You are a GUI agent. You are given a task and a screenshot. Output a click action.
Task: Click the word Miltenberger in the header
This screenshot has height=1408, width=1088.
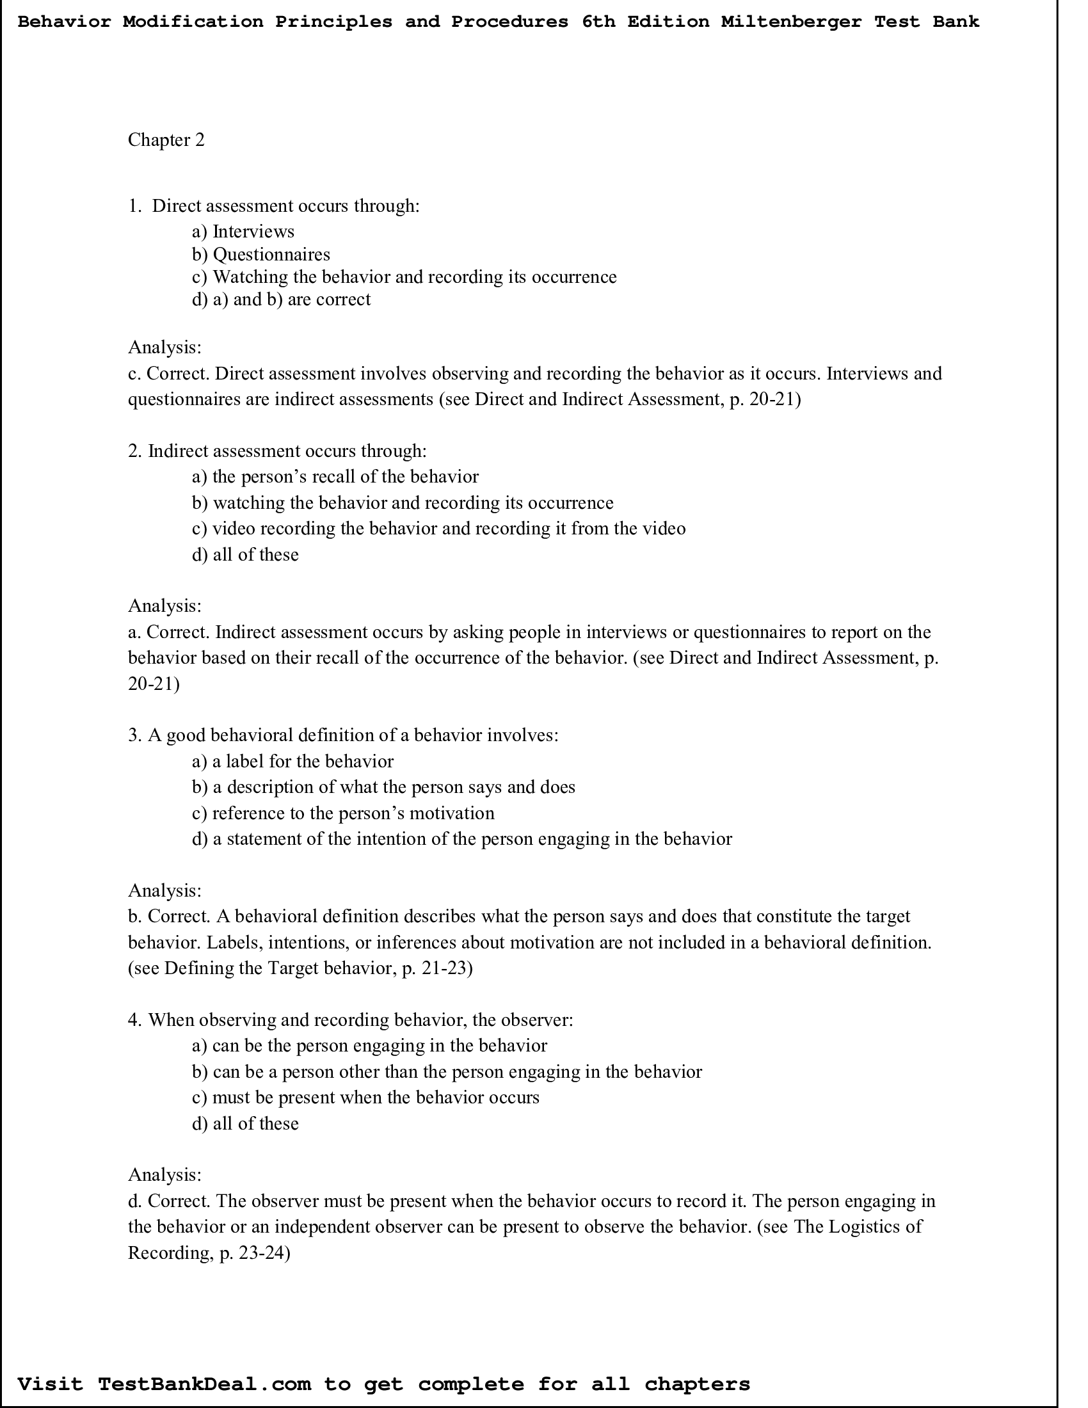point(791,22)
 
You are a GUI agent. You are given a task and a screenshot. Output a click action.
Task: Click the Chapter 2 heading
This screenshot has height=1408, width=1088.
point(166,140)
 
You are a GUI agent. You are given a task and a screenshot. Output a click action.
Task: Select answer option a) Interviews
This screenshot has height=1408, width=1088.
point(243,232)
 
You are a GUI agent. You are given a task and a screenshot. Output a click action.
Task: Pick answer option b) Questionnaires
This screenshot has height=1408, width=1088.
point(261,255)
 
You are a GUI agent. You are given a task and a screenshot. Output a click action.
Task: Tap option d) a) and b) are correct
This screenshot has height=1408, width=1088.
point(281,300)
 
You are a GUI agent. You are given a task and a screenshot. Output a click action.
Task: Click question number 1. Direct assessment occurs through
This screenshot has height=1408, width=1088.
point(274,206)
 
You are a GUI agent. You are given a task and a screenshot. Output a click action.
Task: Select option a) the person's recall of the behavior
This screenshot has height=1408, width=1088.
point(335,477)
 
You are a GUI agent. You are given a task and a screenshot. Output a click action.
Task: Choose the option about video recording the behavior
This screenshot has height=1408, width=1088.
point(438,529)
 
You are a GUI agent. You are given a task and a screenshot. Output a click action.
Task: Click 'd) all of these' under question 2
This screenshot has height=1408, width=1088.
point(245,555)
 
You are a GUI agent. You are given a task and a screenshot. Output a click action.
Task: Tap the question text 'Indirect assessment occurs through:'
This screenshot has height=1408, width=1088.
point(287,451)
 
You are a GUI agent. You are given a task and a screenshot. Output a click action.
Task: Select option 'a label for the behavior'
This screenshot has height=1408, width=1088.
point(292,762)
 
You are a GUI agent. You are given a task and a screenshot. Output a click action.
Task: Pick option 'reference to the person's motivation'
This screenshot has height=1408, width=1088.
point(343,813)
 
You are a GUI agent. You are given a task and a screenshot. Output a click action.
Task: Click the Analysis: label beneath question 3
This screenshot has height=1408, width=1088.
point(165,891)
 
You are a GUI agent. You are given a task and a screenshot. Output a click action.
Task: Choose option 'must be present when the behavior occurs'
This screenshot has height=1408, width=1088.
point(365,1098)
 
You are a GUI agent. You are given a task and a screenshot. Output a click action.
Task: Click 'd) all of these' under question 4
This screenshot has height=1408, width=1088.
point(245,1124)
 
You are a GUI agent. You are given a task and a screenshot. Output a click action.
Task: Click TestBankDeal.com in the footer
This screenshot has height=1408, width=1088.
point(204,1385)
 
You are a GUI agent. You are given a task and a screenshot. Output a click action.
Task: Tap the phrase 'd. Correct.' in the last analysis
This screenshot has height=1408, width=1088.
point(169,1202)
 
